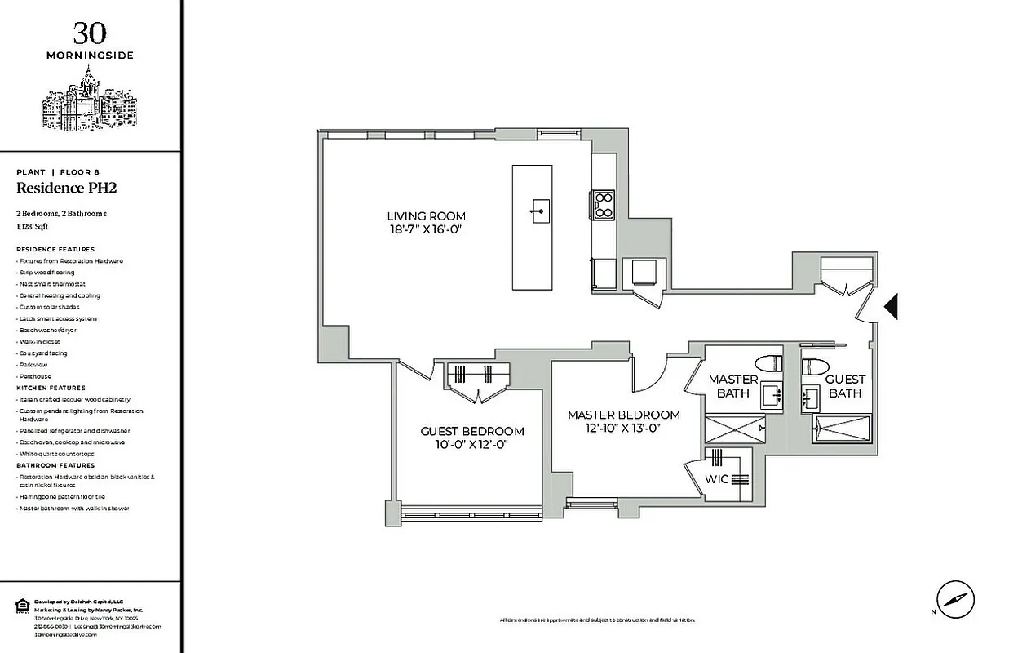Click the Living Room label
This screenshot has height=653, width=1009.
coord(427,216)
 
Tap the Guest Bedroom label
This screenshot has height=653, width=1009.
coord(472,431)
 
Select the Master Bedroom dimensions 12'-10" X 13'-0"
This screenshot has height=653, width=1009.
coord(624,427)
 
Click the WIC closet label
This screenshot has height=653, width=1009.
coord(717,479)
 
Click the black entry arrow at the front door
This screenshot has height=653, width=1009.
coord(891,306)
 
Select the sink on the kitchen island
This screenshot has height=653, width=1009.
coord(538,211)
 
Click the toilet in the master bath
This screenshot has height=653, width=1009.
coord(765,362)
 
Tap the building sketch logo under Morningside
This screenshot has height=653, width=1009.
coord(90,102)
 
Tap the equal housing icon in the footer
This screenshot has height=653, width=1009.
coord(22,605)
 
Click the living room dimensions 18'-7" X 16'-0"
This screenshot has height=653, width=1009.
coord(427,231)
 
